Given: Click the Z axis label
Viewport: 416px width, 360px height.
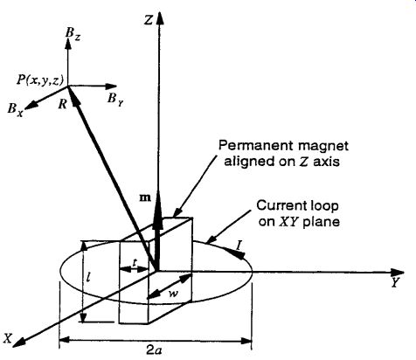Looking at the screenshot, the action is click(149, 20).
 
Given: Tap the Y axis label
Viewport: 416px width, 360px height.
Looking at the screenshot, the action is click(395, 282).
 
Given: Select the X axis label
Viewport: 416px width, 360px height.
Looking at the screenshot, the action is click(8, 338).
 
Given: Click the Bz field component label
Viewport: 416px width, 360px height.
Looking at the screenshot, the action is click(73, 34).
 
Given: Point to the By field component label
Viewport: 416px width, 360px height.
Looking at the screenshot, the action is click(115, 100).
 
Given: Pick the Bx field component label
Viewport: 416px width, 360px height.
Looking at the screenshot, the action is click(15, 110).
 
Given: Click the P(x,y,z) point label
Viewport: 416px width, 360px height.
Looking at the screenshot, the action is click(39, 80).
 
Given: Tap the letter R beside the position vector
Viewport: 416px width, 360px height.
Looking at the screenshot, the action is click(62, 104).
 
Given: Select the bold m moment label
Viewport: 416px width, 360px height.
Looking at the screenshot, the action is click(145, 197).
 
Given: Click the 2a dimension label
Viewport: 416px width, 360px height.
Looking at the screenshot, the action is click(154, 350).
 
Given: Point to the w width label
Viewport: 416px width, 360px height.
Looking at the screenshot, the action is click(173, 294).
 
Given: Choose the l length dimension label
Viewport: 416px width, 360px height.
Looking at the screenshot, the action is click(88, 277).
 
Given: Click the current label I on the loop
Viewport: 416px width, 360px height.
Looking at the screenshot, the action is click(239, 246).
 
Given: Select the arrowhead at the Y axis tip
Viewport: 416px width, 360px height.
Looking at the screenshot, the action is click(398, 272).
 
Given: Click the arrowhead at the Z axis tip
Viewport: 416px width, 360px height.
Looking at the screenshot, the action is click(160, 18).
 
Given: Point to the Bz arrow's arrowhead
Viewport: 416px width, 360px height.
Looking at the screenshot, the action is click(68, 43).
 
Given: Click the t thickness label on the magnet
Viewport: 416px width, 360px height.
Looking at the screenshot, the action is click(135, 262).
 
